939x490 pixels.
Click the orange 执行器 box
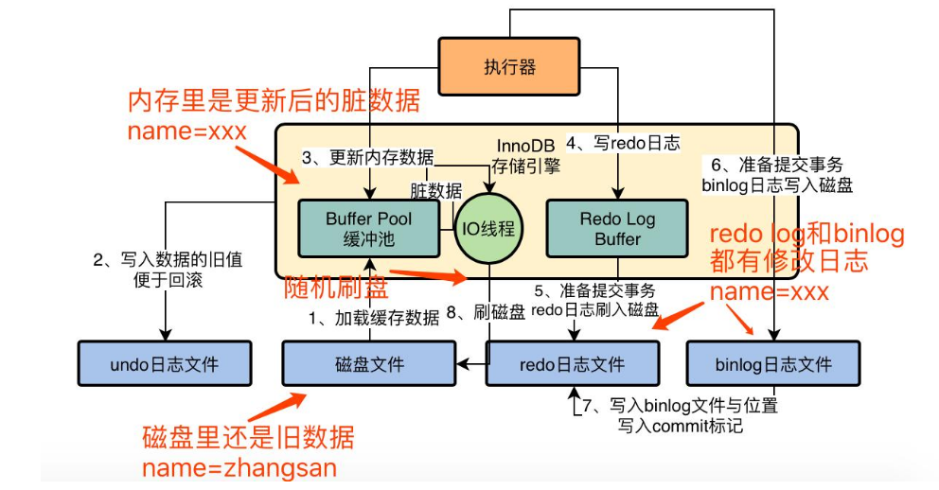pyautogui.click(x=510, y=66)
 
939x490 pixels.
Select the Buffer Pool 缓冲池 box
pyautogui.click(x=369, y=229)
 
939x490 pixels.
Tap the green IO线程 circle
pyautogui.click(x=489, y=228)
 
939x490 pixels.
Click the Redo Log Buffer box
pyautogui.click(x=617, y=229)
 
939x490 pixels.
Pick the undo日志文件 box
pyautogui.click(x=165, y=364)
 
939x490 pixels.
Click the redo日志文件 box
pyautogui.click(x=573, y=364)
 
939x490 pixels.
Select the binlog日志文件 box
pyautogui.click(x=773, y=364)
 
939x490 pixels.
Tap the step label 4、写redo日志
pyautogui.click(x=623, y=144)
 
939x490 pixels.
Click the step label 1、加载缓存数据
pyautogui.click(x=375, y=318)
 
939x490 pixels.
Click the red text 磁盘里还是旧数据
pyautogui.click(x=248, y=437)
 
